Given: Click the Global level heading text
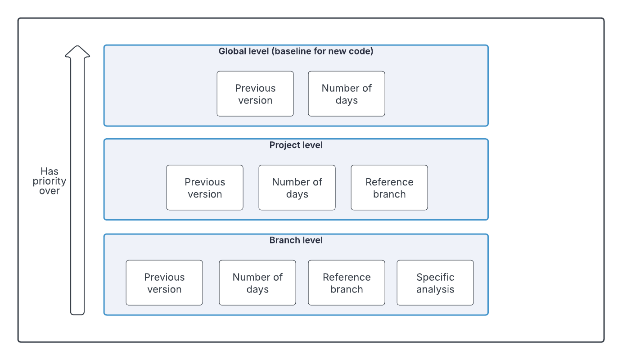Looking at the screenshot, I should point(296,51).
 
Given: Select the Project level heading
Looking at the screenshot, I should point(296,145).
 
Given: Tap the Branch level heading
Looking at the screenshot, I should point(296,240).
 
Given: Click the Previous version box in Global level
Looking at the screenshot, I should point(255,94).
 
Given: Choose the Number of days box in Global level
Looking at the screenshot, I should point(347,94).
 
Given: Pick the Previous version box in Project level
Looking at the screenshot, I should point(205,188).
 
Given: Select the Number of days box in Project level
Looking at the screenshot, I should point(297,188).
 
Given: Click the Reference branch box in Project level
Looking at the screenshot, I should point(389,188).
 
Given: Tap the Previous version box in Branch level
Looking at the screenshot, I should point(164,283).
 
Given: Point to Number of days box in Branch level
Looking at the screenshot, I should point(257,283).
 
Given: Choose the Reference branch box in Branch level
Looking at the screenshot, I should point(347,283).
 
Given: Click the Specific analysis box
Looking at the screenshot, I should point(435,283).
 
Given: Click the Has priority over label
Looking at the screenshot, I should point(50,181).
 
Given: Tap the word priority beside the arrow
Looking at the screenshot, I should point(50,181).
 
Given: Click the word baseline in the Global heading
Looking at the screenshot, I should point(289,51).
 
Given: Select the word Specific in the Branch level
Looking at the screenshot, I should point(435,277).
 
